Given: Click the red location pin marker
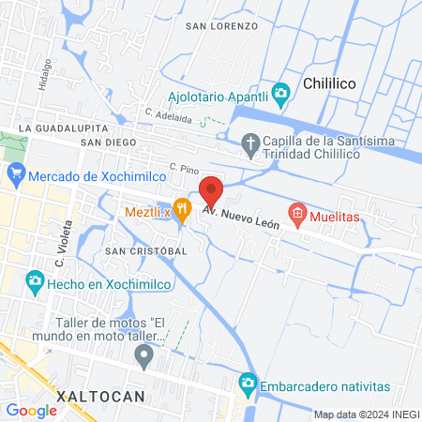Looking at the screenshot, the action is (211, 191).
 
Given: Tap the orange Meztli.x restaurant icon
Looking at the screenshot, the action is (183, 207).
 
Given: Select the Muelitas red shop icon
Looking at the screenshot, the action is (297, 213).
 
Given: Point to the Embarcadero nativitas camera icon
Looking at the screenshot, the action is (248, 383).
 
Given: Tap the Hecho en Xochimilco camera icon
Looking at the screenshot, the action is (35, 280).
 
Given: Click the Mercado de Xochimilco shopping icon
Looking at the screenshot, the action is (15, 173).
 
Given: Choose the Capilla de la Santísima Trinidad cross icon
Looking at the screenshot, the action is (249, 143).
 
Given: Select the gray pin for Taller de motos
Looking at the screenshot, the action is (143, 354).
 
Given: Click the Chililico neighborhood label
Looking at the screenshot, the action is (329, 84).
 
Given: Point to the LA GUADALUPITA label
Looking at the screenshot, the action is (63, 127).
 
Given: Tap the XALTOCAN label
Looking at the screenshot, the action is (101, 397).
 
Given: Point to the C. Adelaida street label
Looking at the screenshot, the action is (168, 114).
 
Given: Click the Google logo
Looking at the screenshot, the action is (31, 410).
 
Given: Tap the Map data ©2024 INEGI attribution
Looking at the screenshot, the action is (365, 414).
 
